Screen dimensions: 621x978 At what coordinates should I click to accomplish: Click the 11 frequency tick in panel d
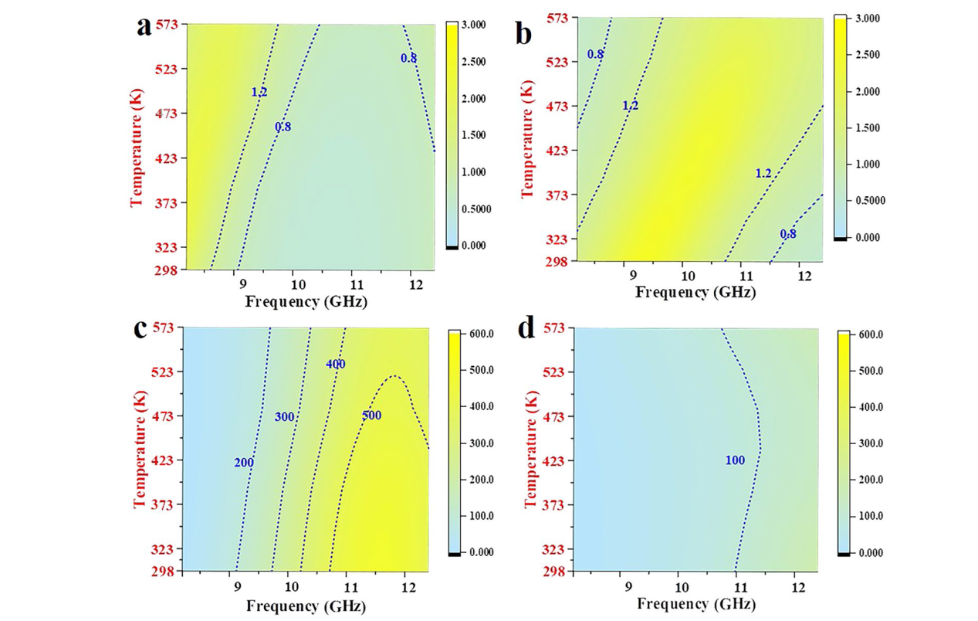tap(736, 586)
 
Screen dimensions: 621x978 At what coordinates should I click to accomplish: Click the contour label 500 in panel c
tap(371, 416)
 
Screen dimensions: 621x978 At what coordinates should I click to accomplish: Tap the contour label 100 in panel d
tap(735, 460)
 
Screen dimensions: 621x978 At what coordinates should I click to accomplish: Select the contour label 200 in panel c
tap(244, 463)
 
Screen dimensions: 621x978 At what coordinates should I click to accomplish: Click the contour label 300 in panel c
tap(285, 417)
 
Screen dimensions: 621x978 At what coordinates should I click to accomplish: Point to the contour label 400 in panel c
tap(335, 364)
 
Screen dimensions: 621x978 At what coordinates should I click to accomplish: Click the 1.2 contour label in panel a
tap(259, 92)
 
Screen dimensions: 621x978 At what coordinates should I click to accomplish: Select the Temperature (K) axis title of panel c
tap(139, 449)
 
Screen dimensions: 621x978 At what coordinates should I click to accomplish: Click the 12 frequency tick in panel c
tap(403, 586)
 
